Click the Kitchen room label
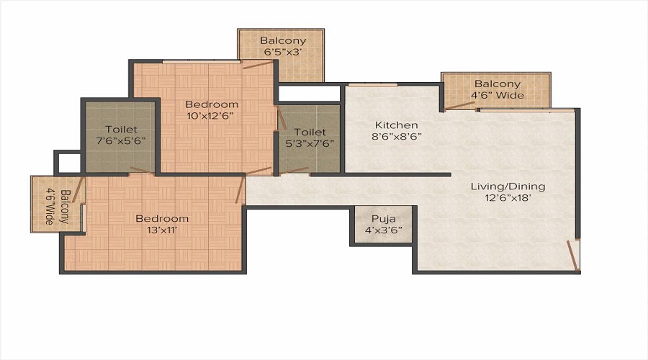(x=395, y=125)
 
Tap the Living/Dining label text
(x=508, y=186)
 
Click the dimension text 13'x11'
(x=162, y=230)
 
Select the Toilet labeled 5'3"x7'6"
(x=310, y=138)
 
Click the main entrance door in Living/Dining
(x=573, y=256)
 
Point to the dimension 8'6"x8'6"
(x=395, y=136)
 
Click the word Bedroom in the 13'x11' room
(x=162, y=218)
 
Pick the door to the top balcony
(x=258, y=66)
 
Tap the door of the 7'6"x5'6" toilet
(x=141, y=171)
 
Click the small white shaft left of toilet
(x=68, y=163)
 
